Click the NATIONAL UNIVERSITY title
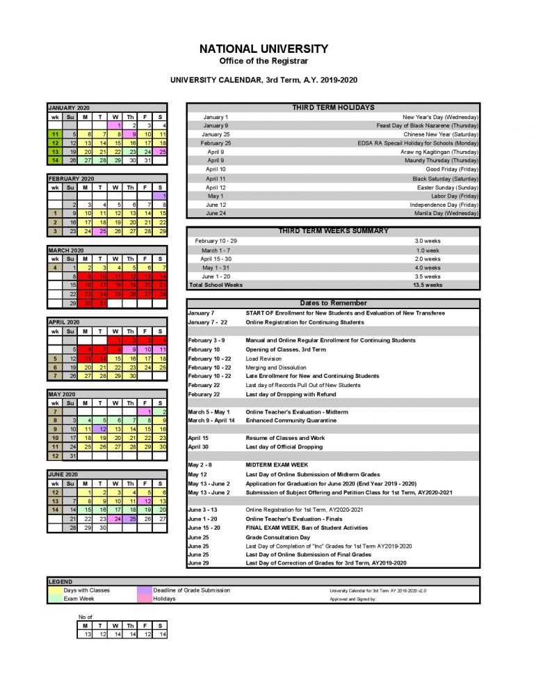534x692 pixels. (x=264, y=49)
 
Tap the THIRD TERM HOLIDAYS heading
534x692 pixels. (x=334, y=108)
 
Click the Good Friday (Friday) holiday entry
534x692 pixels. (x=452, y=169)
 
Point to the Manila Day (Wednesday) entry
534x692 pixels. (x=449, y=213)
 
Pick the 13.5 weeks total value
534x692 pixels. (x=428, y=285)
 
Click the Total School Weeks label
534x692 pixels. (x=216, y=285)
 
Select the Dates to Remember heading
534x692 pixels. (x=334, y=303)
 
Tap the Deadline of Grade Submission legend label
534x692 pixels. (x=191, y=590)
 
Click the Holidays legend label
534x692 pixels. (x=165, y=598)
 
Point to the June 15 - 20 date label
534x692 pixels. (x=205, y=528)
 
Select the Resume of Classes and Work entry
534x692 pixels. (x=285, y=438)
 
